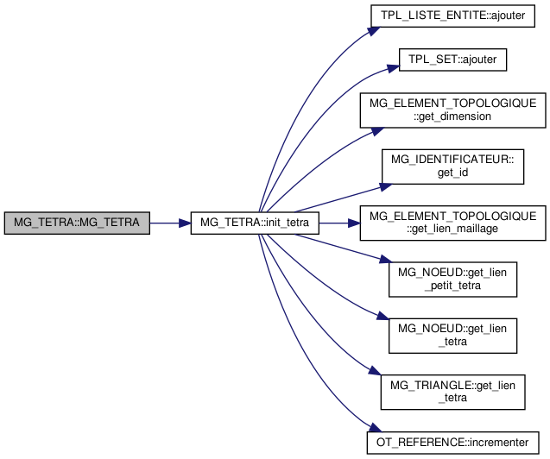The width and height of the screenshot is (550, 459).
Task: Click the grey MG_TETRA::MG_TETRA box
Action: click(76, 223)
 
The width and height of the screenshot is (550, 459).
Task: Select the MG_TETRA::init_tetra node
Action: click(255, 223)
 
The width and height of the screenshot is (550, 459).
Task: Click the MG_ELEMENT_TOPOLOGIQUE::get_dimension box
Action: click(453, 110)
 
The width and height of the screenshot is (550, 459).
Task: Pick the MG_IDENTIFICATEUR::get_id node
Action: click(453, 165)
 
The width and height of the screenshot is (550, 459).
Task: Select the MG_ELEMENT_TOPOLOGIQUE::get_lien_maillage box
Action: click(453, 223)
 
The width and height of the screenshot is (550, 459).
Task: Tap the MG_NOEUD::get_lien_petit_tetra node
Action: click(453, 279)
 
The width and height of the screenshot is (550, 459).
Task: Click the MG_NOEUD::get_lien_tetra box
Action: click(453, 334)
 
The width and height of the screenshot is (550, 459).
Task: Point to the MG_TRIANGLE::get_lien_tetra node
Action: click(453, 390)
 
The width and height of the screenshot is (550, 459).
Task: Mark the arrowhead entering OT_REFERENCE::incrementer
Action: click(374, 431)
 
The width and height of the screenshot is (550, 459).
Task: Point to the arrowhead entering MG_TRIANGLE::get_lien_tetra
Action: click(374, 373)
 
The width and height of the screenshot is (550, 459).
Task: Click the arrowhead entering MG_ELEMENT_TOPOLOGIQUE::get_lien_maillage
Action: click(353, 223)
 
